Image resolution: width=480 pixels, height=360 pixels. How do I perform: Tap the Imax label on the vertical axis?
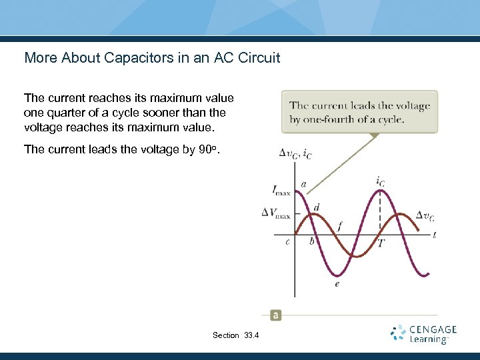click(281, 191)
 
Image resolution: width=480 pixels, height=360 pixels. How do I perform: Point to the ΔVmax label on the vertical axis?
click(275, 213)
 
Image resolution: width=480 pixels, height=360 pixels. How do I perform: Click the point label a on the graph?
click(304, 183)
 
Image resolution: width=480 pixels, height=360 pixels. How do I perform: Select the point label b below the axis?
click(311, 241)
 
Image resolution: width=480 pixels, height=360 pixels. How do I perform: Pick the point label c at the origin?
click(287, 241)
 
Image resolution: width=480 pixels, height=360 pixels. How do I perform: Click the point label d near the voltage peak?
click(316, 207)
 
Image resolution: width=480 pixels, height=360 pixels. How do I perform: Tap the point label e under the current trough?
click(337, 283)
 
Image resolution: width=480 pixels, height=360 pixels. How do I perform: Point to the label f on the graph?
click(340, 226)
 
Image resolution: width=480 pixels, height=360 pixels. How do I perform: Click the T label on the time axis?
click(381, 243)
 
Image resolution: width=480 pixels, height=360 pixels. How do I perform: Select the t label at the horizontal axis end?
click(435, 235)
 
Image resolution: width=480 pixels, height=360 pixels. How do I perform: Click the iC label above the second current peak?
click(380, 180)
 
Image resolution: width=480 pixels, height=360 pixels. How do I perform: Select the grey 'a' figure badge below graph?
click(275, 315)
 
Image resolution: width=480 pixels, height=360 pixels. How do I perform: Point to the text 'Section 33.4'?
click(235, 335)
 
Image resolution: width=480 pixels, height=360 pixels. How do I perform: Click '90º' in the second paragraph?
click(208, 149)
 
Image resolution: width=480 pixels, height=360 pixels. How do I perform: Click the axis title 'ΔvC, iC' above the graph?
click(295, 154)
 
